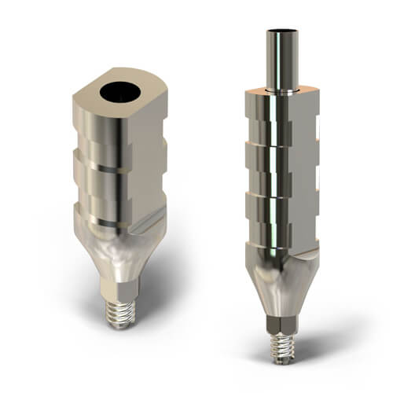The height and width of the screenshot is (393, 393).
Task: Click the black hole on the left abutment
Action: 120,92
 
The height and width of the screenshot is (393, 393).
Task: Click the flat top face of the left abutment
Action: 94,98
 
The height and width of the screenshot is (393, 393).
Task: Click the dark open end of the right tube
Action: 281,32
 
